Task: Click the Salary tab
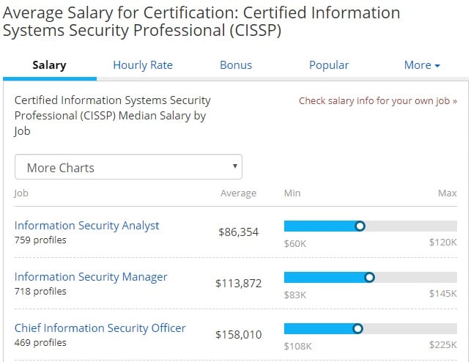coord(49,65)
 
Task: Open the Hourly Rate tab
coord(143,65)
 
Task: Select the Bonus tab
coord(236,65)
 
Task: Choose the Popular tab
coord(329,65)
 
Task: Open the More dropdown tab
coord(422,65)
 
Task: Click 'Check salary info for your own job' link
coord(377,101)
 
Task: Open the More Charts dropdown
coord(128,168)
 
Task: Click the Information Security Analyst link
coord(87,226)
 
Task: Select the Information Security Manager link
coord(91,277)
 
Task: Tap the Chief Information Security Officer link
coord(100,328)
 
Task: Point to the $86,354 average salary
coord(238,232)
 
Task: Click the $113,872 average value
coord(238,284)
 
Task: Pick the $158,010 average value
coord(238,335)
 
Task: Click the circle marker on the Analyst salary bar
coord(360,226)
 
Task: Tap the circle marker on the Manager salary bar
coord(369,278)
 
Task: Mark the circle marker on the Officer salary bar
coord(357,329)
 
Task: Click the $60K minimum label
coord(295,243)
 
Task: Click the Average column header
coord(238,193)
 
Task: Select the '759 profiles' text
coord(40,240)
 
